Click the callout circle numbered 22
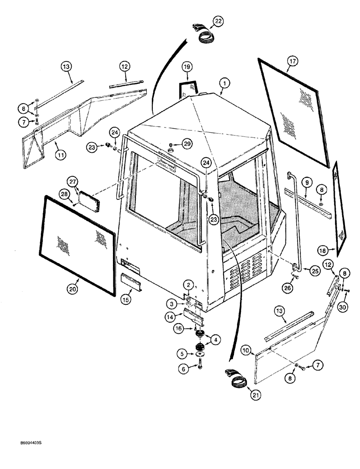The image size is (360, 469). pos(218,21)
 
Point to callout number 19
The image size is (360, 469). pos(187,68)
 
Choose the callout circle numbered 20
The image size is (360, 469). pos(72,289)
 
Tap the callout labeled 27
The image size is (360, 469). pos(73,182)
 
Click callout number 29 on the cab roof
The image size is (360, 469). pos(187,144)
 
